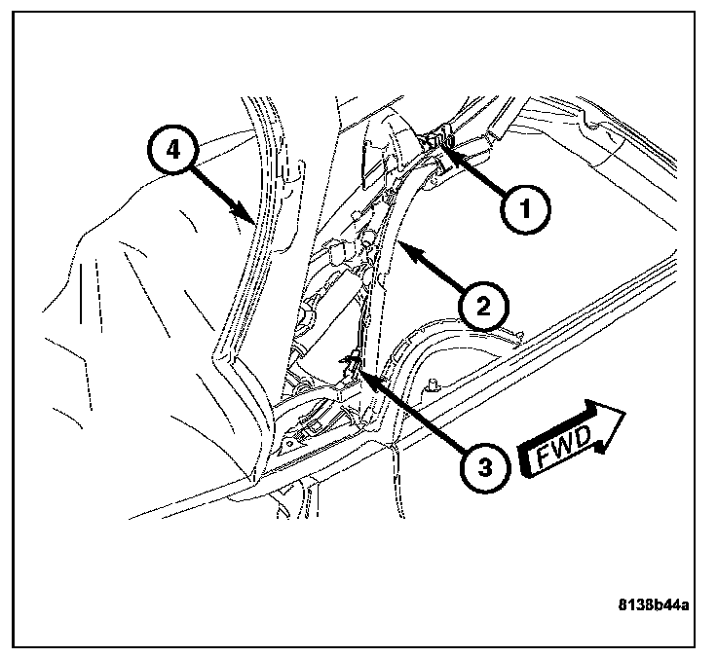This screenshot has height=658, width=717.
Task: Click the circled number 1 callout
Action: point(523,208)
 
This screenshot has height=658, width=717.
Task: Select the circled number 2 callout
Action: point(483,308)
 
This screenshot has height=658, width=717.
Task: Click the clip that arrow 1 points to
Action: point(440,143)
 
